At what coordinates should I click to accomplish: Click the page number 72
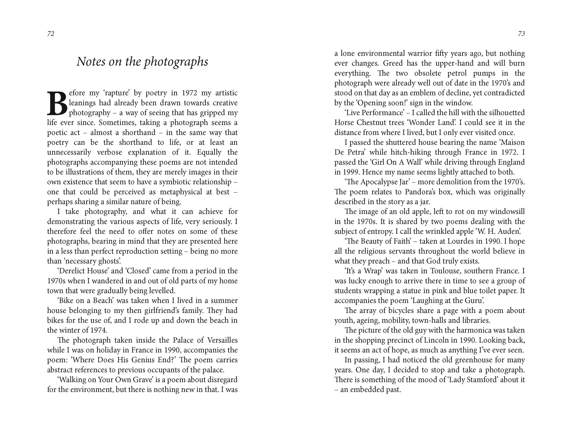[x=51, y=34]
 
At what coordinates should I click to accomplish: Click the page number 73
[x=521, y=34]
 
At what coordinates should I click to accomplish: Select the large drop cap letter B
[x=57, y=103]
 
